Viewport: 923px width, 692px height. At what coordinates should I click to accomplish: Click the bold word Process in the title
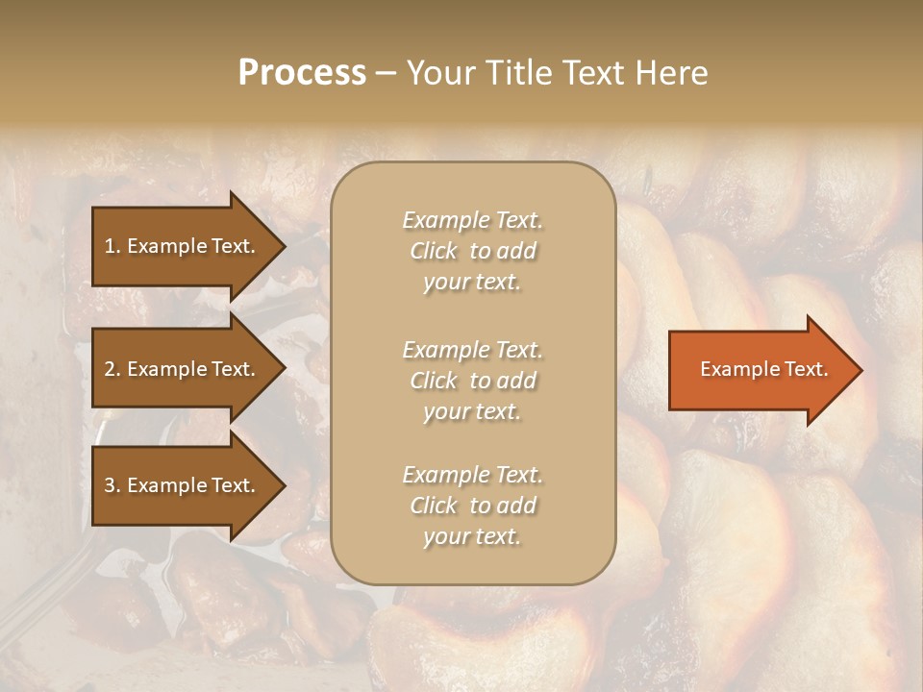(302, 73)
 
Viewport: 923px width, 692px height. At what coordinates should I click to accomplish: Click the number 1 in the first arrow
(110, 246)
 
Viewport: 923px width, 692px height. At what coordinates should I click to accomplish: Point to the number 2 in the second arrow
(110, 369)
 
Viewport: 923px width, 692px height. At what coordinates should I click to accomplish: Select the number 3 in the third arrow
(110, 485)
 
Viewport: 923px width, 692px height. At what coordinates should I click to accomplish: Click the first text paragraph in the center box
(472, 251)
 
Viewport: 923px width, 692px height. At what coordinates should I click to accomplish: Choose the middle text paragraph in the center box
(472, 381)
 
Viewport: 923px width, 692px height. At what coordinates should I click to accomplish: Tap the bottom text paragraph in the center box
(472, 506)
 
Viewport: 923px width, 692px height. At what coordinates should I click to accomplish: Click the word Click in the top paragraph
(434, 252)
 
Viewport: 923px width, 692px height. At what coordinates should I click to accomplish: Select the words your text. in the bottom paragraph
(472, 537)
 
